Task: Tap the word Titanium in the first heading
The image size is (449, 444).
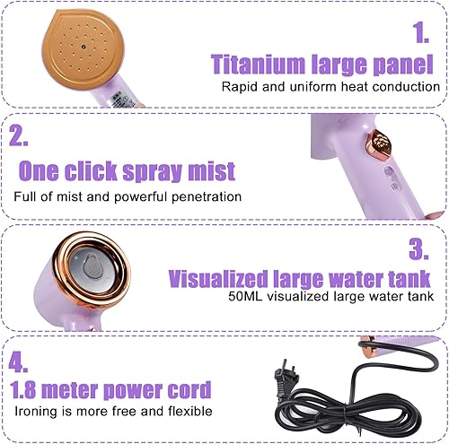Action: pos(258,64)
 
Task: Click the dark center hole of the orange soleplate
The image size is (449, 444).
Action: pos(84,47)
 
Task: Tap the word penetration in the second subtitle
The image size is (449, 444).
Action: pos(207,196)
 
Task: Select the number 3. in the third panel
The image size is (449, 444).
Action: pos(418,248)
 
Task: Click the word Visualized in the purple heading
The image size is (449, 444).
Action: pos(218,278)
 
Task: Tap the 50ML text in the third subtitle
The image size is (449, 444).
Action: pos(245,296)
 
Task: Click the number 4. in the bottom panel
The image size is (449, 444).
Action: pos(18,361)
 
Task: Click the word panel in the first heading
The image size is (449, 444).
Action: pos(403,65)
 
